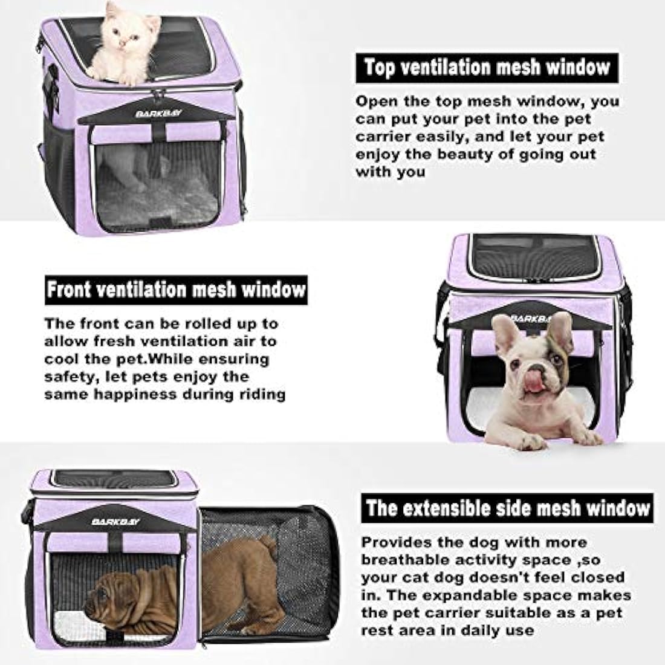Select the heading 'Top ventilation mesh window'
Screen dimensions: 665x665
tap(487, 66)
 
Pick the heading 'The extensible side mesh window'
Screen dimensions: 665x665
tap(507, 508)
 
